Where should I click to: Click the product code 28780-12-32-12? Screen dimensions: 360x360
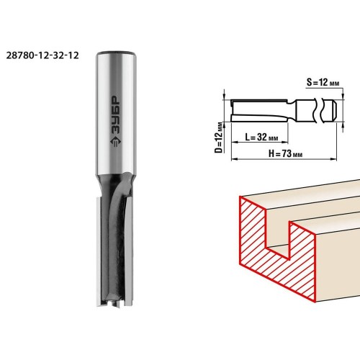(x=42, y=55)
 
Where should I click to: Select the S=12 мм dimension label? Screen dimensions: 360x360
(x=323, y=82)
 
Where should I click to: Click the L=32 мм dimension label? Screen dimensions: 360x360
(x=261, y=137)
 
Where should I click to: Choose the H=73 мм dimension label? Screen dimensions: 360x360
(x=285, y=153)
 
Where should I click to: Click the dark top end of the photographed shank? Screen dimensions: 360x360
(x=117, y=53)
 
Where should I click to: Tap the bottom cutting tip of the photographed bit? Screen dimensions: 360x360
(x=114, y=303)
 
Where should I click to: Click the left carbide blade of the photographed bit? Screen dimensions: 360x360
(x=99, y=251)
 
